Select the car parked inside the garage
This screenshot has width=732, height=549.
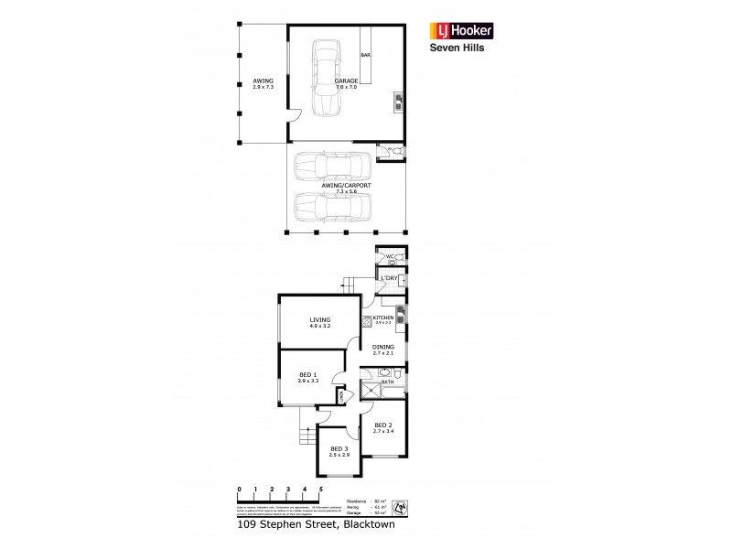(x=325, y=79)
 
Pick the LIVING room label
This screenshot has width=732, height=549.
(x=319, y=322)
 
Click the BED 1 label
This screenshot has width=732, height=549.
(x=308, y=377)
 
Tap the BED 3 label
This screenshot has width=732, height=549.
(x=339, y=451)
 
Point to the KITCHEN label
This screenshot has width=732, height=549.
(x=382, y=318)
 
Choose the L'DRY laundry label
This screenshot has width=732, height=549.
(x=387, y=276)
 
